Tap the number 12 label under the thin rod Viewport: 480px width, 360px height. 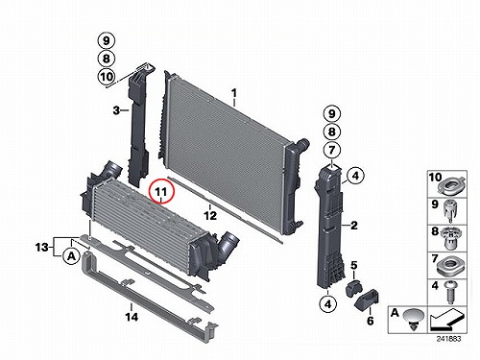click(210, 216)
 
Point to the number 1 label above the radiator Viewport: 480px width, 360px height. click(234, 93)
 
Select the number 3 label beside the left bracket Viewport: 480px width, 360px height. click(116, 110)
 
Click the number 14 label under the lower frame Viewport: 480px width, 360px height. click(132, 317)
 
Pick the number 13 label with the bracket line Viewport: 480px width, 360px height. click(41, 247)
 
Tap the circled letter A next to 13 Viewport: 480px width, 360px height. click(71, 256)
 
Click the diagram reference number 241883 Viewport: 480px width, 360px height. click(448, 339)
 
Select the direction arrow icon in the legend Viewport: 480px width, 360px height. click(446, 320)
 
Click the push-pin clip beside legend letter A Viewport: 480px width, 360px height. click(414, 319)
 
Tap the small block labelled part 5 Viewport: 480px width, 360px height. click(352, 288)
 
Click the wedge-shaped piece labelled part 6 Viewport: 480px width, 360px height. click(368, 300)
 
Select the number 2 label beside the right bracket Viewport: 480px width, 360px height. click(354, 226)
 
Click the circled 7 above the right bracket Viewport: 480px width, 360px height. click(332, 150)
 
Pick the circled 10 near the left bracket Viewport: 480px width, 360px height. click(107, 77)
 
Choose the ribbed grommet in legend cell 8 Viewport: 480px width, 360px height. click(450, 238)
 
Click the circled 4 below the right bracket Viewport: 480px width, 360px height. click(328, 304)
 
